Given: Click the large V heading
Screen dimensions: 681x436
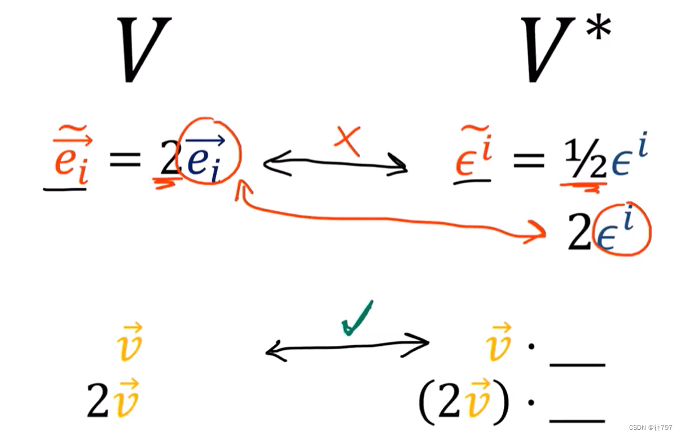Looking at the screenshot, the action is click(144, 50).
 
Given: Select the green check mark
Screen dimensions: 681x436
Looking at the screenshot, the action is click(357, 318).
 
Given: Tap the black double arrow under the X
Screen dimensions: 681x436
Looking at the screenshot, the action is click(335, 164).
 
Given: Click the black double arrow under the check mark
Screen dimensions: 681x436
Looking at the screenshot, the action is click(347, 346).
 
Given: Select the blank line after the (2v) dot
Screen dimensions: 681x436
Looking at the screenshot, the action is click(577, 420).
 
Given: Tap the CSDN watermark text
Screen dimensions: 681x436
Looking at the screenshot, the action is click(652, 427).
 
